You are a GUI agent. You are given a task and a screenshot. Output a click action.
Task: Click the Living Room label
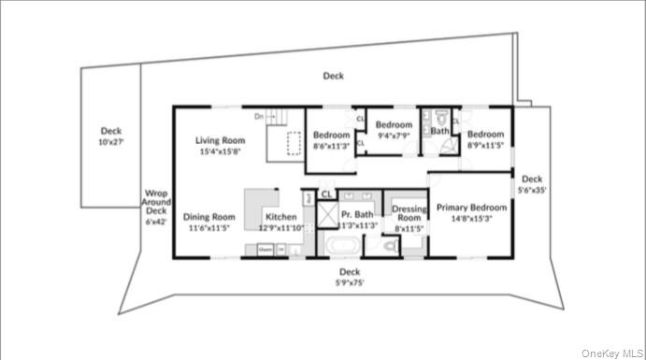tap(219, 141)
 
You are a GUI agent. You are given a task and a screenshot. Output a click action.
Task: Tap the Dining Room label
tap(208, 216)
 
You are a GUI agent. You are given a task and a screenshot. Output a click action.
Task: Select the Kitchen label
tap(281, 217)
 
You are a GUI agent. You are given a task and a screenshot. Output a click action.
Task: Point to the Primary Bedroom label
tap(472, 208)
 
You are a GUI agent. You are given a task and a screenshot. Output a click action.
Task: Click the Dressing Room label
tap(409, 213)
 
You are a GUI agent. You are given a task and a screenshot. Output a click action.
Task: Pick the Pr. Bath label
tap(357, 214)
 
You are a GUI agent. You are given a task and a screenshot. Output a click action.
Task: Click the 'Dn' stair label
tap(258, 116)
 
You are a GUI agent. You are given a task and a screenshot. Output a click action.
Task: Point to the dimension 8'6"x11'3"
tap(331, 146)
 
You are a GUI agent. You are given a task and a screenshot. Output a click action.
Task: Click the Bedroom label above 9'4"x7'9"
tap(394, 124)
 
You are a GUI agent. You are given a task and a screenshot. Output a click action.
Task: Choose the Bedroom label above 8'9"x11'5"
tap(485, 135)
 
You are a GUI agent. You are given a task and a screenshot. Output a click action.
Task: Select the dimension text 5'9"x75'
tap(350, 282)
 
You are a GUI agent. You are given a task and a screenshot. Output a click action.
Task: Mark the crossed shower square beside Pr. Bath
tap(327, 215)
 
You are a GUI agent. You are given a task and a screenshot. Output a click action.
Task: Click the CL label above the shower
tap(326, 194)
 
